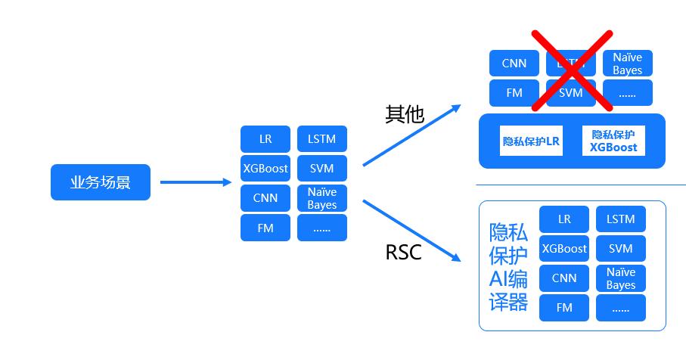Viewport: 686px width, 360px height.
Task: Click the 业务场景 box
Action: [x=101, y=182]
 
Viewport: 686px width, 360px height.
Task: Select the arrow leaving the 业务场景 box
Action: [x=195, y=182]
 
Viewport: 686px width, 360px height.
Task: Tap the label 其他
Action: [x=405, y=114]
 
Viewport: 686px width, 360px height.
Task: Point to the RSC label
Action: [x=403, y=252]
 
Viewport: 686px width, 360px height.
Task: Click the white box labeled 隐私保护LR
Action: [x=531, y=141]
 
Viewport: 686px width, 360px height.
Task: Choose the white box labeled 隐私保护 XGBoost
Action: [x=614, y=141]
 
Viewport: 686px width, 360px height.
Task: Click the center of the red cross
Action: [x=571, y=70]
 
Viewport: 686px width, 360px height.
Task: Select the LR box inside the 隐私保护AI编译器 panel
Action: [x=564, y=219]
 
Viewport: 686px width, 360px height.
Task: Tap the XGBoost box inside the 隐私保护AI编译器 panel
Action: [x=564, y=248]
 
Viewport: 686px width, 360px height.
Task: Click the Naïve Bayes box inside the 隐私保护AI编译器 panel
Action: [x=621, y=278]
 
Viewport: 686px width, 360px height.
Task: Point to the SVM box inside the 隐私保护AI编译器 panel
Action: [x=621, y=248]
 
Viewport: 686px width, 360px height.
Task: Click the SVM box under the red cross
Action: [x=571, y=93]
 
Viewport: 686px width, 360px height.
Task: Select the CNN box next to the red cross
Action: [x=514, y=64]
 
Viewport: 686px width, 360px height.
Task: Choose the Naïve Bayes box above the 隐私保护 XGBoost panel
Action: [x=627, y=64]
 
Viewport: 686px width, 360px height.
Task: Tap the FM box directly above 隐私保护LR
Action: [x=514, y=93]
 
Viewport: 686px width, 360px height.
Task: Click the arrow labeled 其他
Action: [x=411, y=135]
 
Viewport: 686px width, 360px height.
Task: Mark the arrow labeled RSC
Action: [x=411, y=230]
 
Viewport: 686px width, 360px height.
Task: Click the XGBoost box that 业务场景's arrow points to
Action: [x=265, y=168]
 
